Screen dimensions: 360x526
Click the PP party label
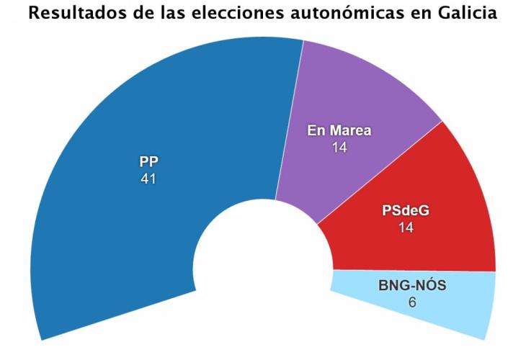click(x=148, y=162)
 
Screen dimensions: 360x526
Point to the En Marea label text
click(x=339, y=130)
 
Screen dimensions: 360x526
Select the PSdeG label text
click(x=409, y=212)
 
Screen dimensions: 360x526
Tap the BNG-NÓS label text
click(x=412, y=286)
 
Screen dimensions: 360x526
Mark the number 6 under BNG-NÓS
click(x=412, y=302)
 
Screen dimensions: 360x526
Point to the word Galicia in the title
click(x=468, y=14)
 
